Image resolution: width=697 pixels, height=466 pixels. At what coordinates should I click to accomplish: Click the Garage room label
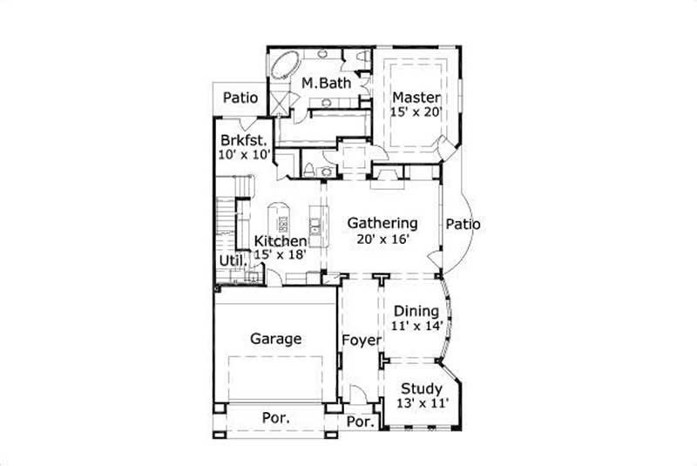click(x=276, y=339)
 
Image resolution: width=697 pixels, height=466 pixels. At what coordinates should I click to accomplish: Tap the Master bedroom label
click(x=416, y=97)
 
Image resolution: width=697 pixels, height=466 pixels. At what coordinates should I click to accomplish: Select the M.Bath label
click(x=326, y=84)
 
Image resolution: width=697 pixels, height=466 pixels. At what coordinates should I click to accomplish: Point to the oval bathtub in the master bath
click(x=286, y=66)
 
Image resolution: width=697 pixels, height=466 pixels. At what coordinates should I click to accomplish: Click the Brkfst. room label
click(x=243, y=139)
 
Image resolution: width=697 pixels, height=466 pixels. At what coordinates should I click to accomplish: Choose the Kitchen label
click(x=280, y=241)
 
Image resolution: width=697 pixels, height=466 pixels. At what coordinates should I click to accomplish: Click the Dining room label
click(x=416, y=311)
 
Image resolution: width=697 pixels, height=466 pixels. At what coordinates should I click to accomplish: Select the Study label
click(x=421, y=388)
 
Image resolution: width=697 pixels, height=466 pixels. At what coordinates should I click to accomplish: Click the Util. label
click(x=231, y=259)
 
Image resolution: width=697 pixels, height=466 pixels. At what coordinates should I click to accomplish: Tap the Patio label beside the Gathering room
click(x=463, y=224)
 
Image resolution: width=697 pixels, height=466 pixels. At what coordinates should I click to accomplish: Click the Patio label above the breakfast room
click(x=240, y=98)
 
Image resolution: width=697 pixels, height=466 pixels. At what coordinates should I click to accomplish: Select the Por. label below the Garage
click(x=276, y=418)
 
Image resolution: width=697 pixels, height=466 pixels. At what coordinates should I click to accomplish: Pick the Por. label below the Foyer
click(x=360, y=422)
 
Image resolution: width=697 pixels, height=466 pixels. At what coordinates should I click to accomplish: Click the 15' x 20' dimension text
click(x=416, y=111)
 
